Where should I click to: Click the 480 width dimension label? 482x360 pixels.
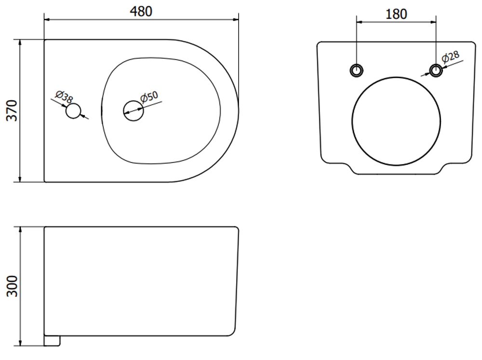pyautogui.click(x=141, y=12)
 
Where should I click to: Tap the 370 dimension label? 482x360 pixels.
pyautogui.click(x=13, y=110)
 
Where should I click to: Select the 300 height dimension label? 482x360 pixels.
pyautogui.click(x=13, y=286)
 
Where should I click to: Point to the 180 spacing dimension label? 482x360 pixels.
pyautogui.click(x=396, y=14)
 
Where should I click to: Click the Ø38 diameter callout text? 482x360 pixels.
pyautogui.click(x=64, y=97)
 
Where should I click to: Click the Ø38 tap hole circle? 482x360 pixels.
pyautogui.click(x=73, y=111)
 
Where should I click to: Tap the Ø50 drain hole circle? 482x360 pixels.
pyautogui.click(x=134, y=111)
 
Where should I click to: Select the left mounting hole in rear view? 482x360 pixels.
pyautogui.click(x=357, y=70)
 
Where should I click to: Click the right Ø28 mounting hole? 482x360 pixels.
pyautogui.click(x=436, y=70)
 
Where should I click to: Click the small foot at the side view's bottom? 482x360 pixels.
pyautogui.click(x=52, y=341)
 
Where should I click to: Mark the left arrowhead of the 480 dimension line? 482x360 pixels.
pyautogui.click(x=47, y=20)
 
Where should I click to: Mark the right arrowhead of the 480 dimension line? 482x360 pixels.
pyautogui.click(x=236, y=20)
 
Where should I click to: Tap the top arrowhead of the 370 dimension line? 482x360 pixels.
pyautogui.click(x=20, y=42)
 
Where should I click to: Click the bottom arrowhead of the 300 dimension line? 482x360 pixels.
pyautogui.click(x=20, y=343)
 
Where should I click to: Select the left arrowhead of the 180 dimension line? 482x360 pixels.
pyautogui.click(x=360, y=22)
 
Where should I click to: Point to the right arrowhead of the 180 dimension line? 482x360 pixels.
pyautogui.click(x=433, y=22)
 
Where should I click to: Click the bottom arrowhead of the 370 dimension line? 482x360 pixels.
pyautogui.click(x=20, y=179)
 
